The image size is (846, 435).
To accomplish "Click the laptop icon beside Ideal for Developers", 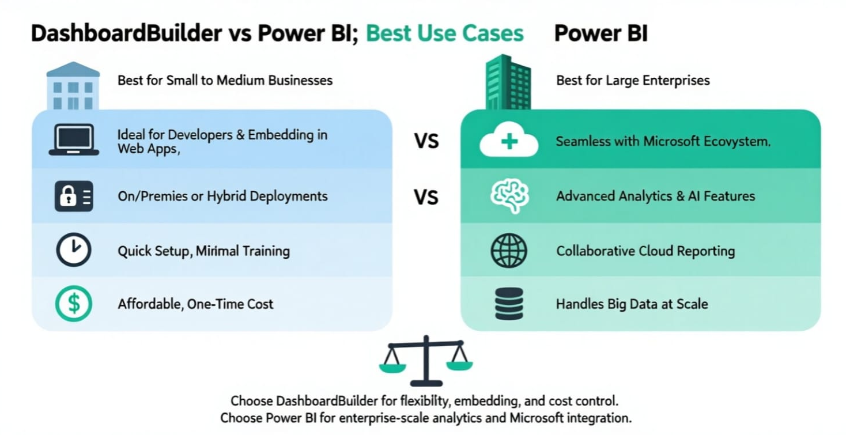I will click(74, 140).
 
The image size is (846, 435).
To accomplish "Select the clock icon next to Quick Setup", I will click(74, 251).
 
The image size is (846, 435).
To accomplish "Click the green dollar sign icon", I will click(74, 304).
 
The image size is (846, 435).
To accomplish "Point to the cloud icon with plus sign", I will click(509, 142).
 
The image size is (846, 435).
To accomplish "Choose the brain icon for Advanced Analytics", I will click(509, 196).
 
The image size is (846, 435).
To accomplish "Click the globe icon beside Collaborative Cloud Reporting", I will click(509, 251).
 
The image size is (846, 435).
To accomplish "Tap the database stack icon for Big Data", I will click(509, 304).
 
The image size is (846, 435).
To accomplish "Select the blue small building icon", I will click(73, 86).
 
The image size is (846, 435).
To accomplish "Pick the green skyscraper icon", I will click(508, 82).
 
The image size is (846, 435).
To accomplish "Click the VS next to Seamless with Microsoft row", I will click(426, 141).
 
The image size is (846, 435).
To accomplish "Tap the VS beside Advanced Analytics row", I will click(426, 198).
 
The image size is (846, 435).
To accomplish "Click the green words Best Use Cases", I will click(445, 33).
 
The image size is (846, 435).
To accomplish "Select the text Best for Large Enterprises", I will click(633, 80).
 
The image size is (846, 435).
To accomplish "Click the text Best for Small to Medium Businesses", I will click(225, 80).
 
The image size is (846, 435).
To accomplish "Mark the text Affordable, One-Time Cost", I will click(195, 304).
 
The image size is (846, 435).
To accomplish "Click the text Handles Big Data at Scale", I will click(632, 304).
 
